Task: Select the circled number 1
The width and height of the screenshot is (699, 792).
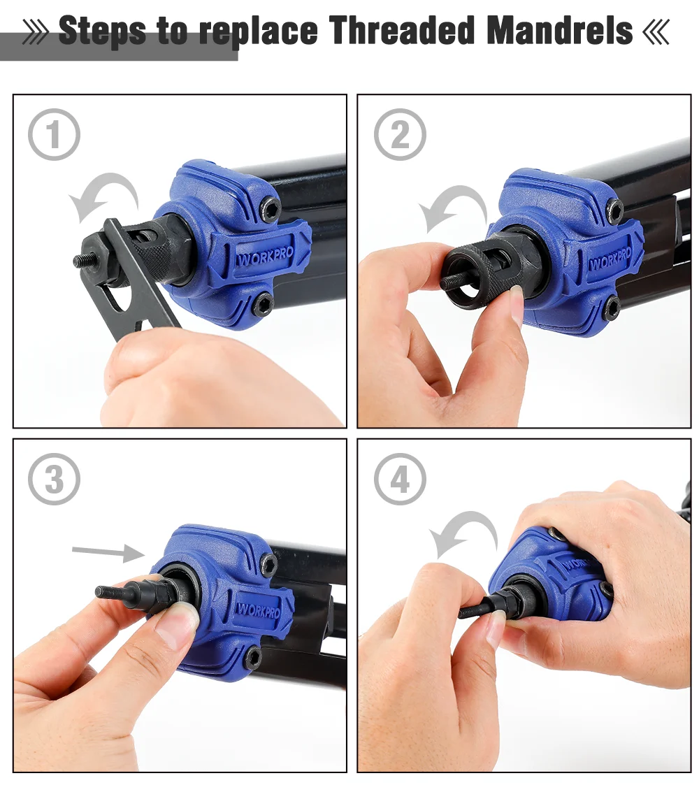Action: click(54, 134)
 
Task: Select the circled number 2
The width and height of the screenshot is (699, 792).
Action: click(400, 134)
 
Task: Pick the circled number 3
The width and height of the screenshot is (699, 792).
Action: click(54, 479)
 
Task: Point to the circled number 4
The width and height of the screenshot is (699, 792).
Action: click(400, 479)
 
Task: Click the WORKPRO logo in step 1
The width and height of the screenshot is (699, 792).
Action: click(266, 256)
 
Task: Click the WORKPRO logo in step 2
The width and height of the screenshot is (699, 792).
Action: click(611, 259)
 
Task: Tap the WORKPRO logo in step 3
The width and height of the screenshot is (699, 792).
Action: click(259, 610)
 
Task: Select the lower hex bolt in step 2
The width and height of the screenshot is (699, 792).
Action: click(612, 307)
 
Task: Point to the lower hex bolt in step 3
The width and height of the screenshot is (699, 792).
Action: click(252, 656)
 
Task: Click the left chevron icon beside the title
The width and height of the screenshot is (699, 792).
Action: click(36, 32)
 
